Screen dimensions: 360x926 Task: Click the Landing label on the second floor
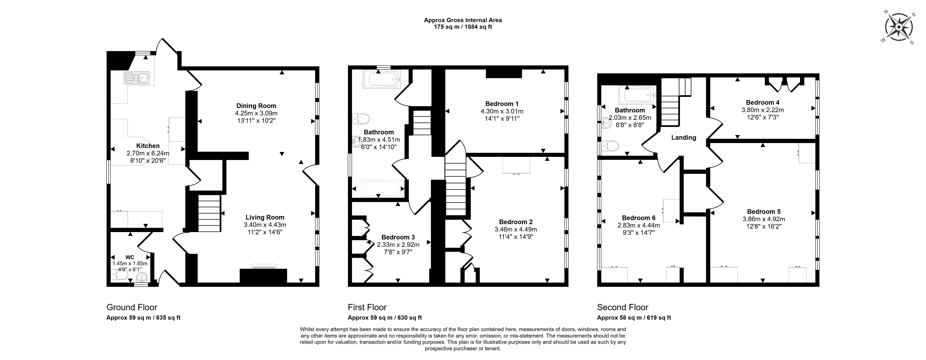click(683, 138)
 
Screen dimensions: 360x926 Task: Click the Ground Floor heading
click(132, 307)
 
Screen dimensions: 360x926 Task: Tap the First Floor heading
click(367, 307)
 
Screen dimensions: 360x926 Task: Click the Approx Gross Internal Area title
click(463, 20)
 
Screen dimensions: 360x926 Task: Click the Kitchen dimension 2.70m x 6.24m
click(148, 153)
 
